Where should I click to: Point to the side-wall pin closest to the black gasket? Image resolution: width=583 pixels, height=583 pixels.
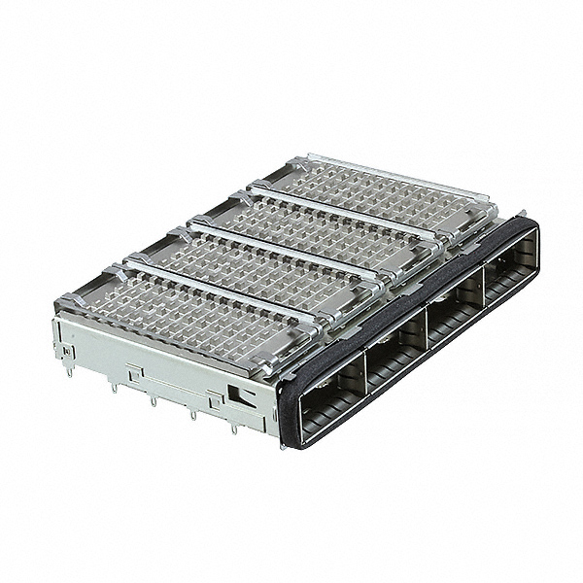click(x=233, y=429)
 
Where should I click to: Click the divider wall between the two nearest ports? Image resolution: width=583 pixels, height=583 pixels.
click(x=363, y=375)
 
